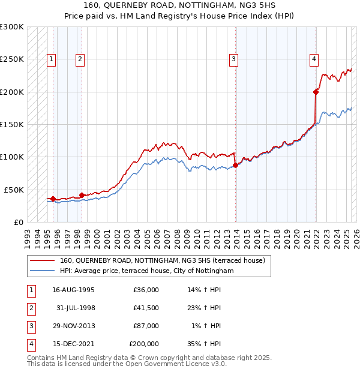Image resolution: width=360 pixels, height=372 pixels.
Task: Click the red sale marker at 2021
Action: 316,92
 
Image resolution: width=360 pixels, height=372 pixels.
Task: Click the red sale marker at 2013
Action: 235,166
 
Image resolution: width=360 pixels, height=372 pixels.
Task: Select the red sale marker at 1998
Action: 82,195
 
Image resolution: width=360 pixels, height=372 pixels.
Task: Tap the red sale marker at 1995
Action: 53,199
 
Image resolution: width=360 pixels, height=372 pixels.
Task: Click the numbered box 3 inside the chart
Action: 233,59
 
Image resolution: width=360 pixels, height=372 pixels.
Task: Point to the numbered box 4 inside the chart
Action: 314,59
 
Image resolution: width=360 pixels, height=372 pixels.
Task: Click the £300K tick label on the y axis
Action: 11,28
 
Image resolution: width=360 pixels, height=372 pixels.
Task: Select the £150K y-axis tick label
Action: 11,125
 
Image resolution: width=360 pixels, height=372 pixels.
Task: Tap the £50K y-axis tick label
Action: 13,190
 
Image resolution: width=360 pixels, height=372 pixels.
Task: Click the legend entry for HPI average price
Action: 146,271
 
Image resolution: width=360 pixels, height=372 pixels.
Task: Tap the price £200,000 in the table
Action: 144,344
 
